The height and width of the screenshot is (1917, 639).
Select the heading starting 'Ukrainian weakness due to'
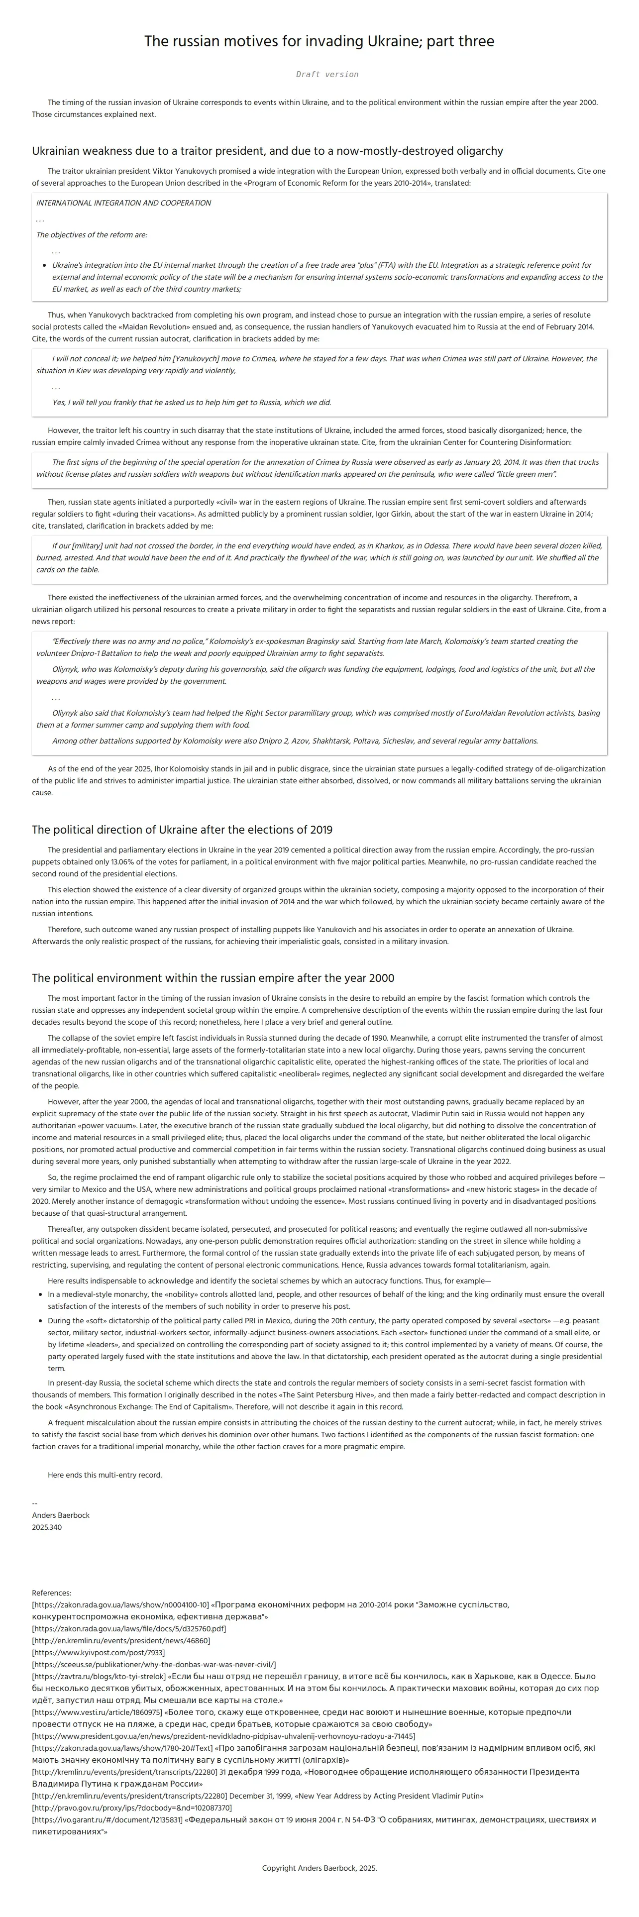267,151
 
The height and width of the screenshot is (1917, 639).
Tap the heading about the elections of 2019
182,830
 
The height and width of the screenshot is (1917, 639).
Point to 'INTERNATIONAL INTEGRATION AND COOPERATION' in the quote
123,203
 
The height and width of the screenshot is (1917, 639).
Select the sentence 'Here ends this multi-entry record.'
105,1475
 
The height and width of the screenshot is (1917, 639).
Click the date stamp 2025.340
47,1527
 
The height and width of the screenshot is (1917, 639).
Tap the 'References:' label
51,1594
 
